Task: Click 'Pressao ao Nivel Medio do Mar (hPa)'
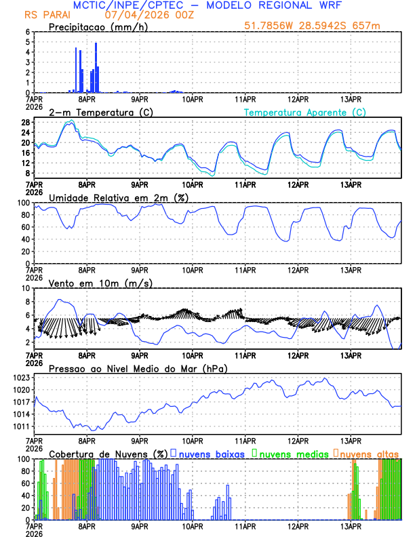[138, 368]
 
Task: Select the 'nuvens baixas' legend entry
[207, 454]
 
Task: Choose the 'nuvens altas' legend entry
[369, 454]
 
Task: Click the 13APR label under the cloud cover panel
[350, 526]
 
